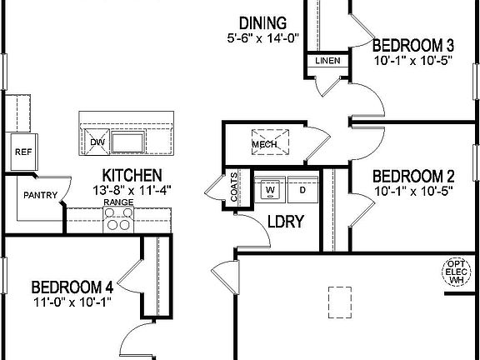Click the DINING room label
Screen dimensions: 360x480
pos(262,22)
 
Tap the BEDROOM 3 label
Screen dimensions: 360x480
pos(413,45)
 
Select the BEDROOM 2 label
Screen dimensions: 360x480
pos(413,176)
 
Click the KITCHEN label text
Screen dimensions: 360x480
pos(132,175)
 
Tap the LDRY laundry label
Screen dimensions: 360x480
pos(285,222)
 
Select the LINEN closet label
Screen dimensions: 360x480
pos(327,62)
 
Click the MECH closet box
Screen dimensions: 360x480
pos(264,143)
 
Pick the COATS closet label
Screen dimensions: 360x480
pos(235,187)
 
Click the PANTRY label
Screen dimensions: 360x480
pos(39,196)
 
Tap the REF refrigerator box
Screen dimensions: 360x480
pos(22,152)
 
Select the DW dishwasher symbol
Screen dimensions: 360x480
pos(97,142)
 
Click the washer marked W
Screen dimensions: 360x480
pos(270,190)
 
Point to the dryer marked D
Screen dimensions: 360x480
pos(302,190)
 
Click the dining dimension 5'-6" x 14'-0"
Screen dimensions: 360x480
pos(262,38)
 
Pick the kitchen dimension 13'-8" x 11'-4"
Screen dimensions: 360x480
pos(132,189)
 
